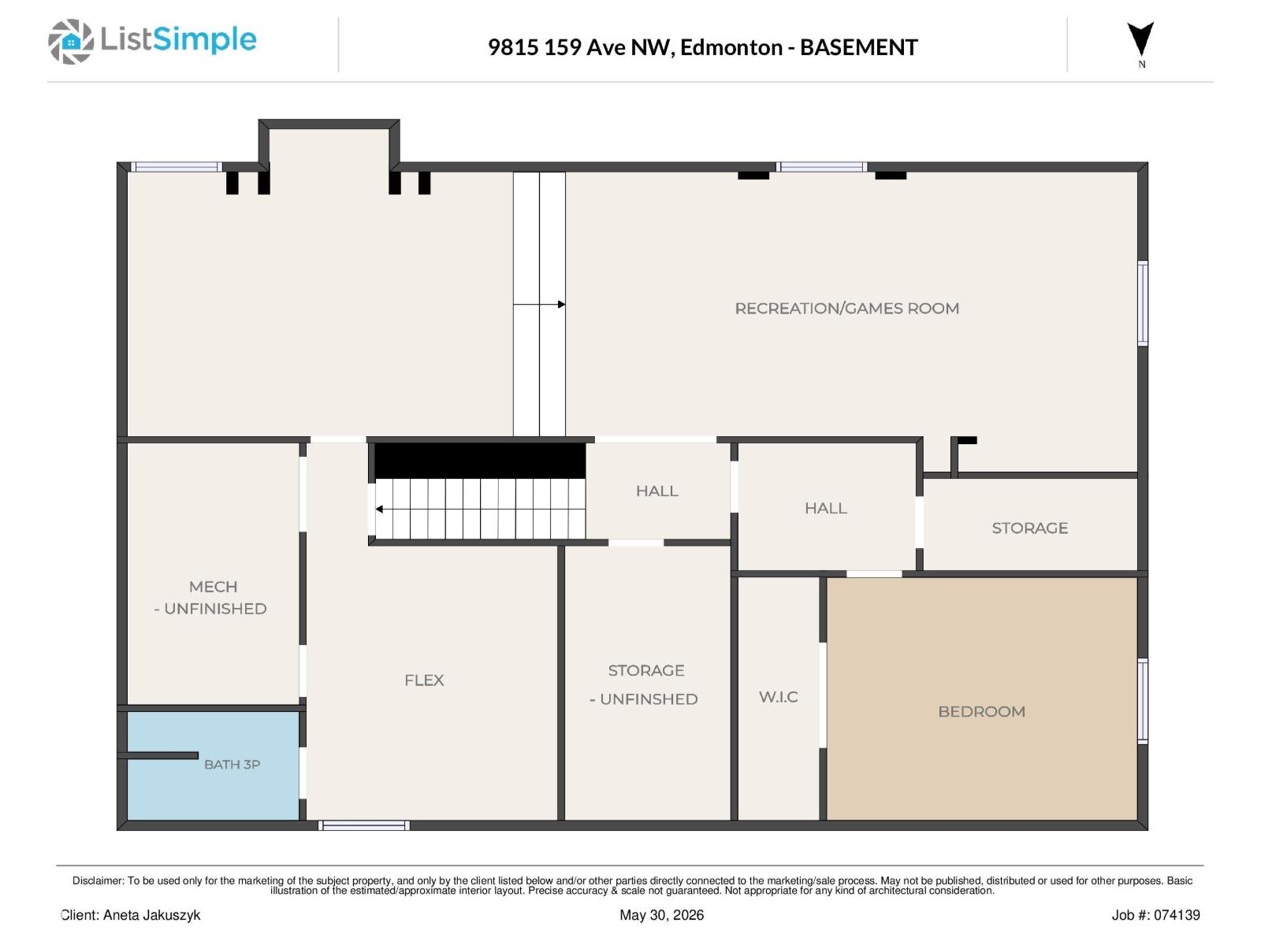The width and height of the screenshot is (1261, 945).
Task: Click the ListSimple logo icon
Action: click(71, 41)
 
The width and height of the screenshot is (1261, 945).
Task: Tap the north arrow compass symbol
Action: click(1140, 39)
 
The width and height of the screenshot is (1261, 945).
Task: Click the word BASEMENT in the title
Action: click(859, 47)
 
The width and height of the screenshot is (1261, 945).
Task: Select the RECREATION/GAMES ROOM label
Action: click(846, 309)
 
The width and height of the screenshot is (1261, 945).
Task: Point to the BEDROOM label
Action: click(981, 711)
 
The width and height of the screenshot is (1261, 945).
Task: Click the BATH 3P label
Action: click(232, 764)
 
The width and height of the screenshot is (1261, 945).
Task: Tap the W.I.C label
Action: click(779, 697)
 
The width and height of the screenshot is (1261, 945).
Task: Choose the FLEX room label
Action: click(424, 680)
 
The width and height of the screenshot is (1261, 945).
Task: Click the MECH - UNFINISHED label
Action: click(211, 598)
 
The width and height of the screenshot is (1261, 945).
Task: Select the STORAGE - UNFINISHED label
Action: click(645, 684)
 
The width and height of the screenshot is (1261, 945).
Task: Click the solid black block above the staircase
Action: click(480, 461)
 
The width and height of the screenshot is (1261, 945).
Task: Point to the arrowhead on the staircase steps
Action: click(379, 509)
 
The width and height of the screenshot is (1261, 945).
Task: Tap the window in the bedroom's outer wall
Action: click(1144, 701)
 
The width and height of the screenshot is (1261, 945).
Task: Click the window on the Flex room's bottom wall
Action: click(364, 825)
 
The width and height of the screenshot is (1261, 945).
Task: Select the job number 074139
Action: click(1177, 915)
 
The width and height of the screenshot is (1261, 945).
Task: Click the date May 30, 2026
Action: click(661, 915)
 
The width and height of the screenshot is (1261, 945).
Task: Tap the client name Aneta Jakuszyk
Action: click(151, 915)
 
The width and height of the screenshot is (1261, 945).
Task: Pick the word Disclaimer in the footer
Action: click(97, 880)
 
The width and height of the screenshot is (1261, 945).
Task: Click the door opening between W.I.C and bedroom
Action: click(823, 695)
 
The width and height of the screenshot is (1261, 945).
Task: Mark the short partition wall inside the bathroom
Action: click(158, 756)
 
